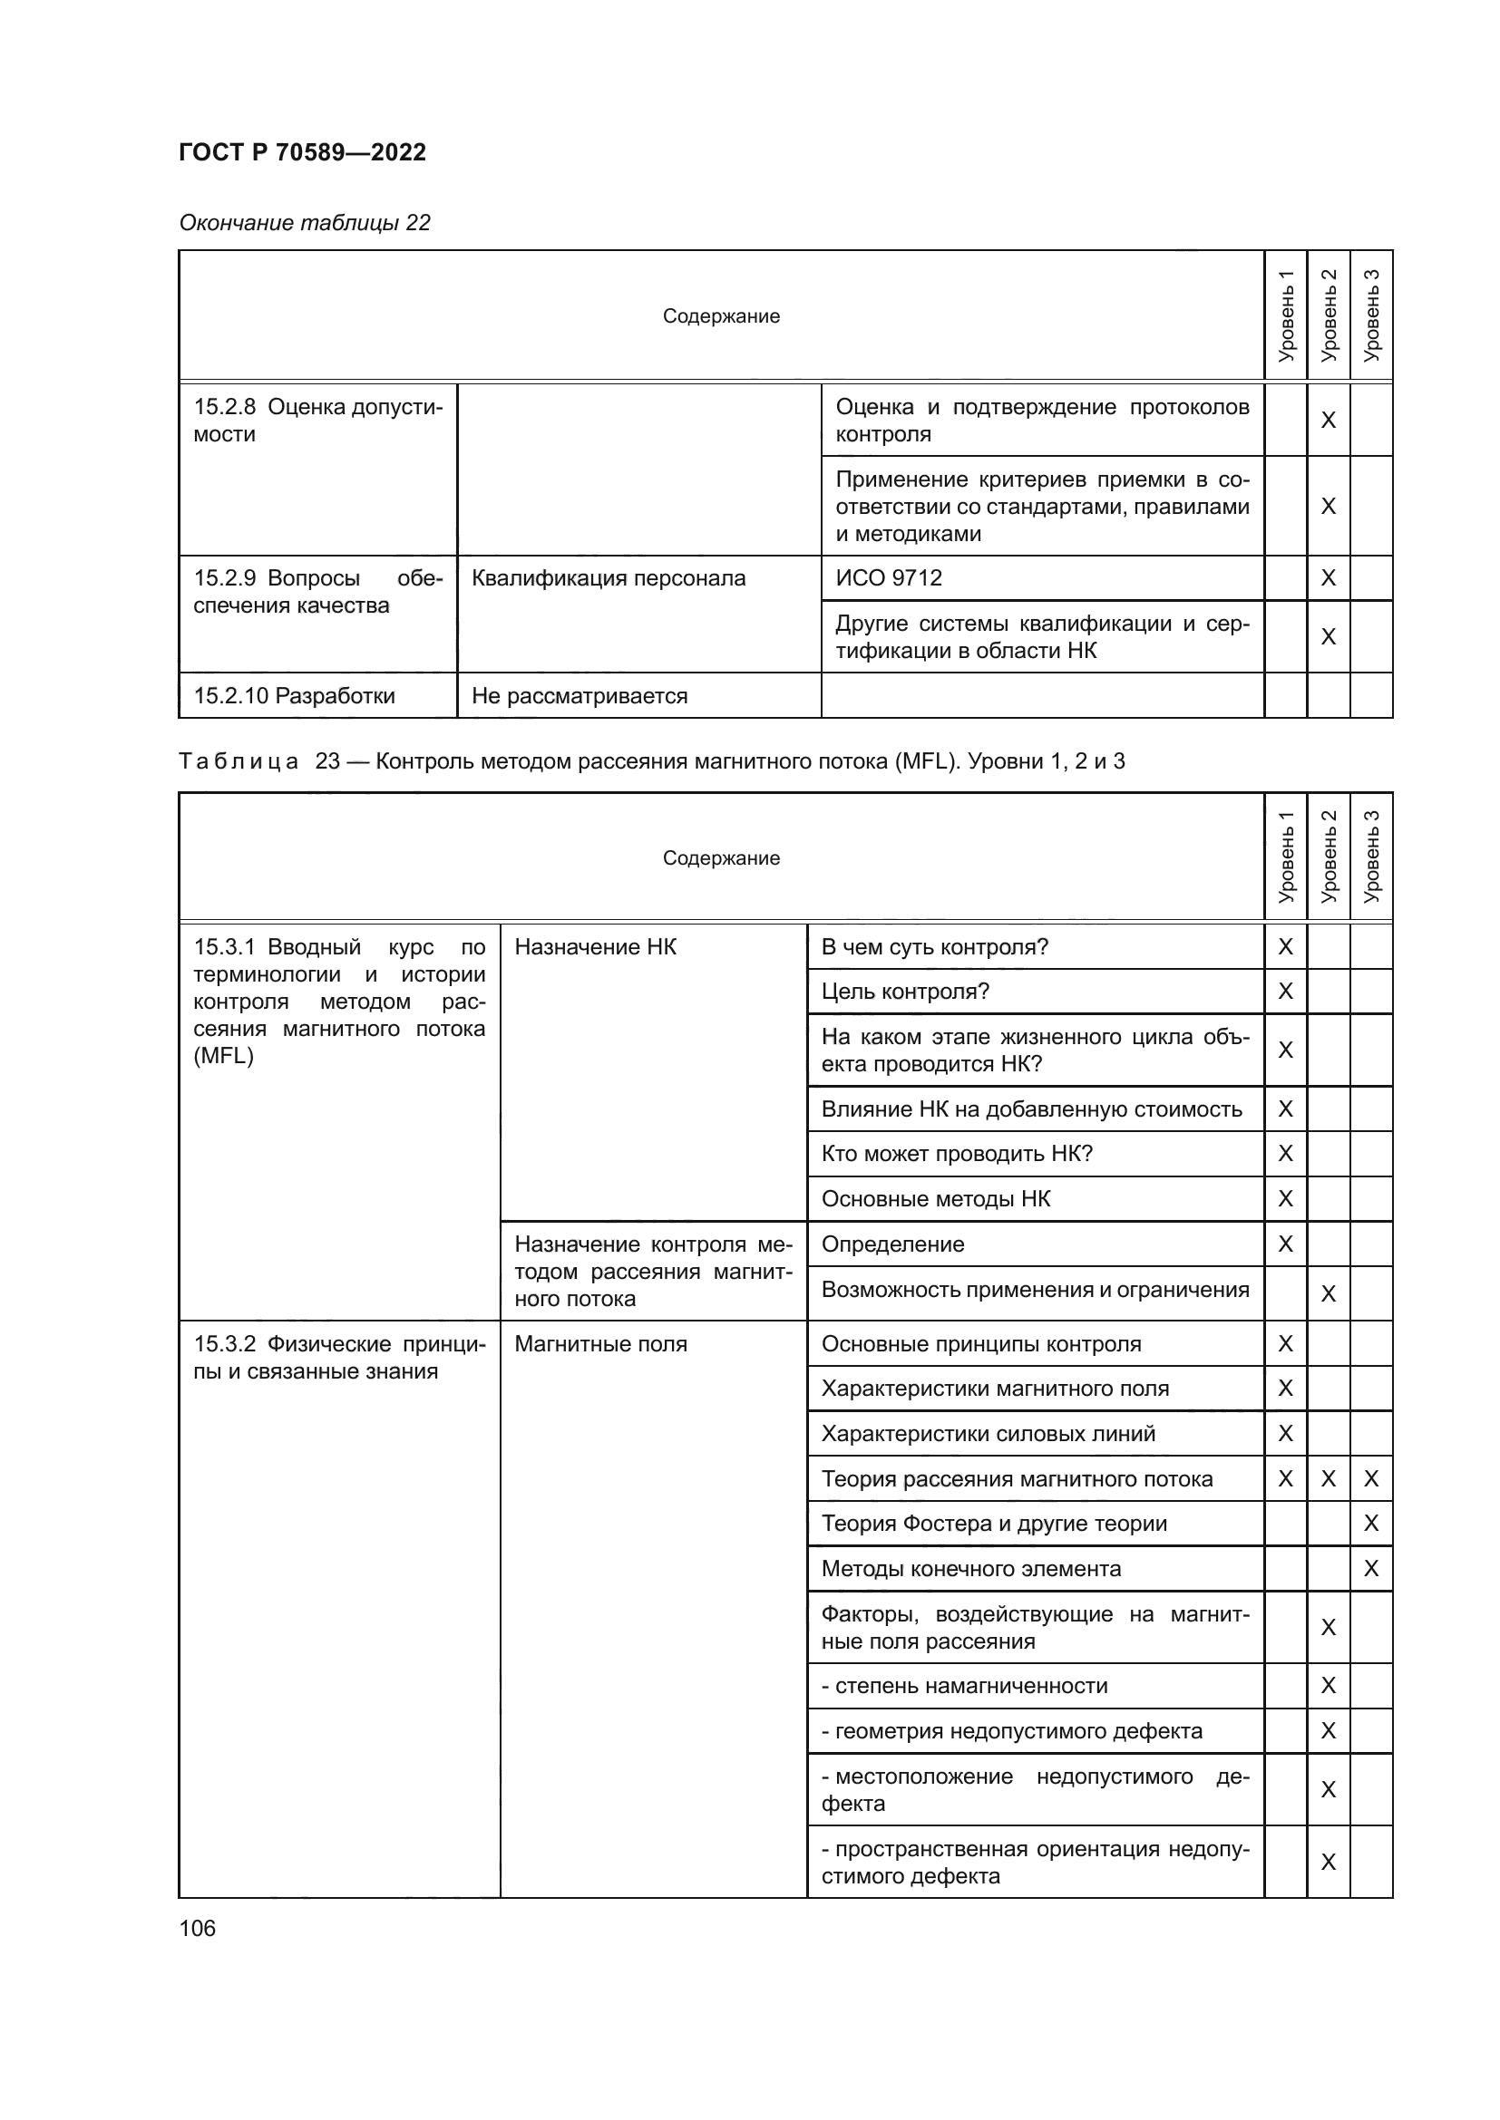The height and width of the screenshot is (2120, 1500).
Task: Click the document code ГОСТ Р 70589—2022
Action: (302, 152)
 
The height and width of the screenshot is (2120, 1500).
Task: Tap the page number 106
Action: (197, 1928)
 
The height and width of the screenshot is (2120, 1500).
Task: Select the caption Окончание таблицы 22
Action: (304, 223)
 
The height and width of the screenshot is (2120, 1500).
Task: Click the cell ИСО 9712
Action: (889, 578)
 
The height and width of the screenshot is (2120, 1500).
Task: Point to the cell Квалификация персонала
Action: (608, 578)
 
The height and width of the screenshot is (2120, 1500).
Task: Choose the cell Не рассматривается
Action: (580, 696)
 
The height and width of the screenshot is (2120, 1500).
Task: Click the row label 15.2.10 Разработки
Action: (294, 696)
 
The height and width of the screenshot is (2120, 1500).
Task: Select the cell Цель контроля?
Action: (904, 992)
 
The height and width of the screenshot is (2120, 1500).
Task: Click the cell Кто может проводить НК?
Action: (956, 1153)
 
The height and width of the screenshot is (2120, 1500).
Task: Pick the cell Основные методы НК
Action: (935, 1198)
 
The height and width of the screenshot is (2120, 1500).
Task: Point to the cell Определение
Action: (892, 1244)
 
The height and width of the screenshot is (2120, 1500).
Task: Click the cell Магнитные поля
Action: (600, 1343)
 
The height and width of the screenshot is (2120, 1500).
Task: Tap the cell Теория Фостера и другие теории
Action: (993, 1524)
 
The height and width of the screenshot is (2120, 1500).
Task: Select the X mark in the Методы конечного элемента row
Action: (1370, 1569)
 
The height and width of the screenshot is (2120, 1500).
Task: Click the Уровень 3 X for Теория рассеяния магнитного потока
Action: (1370, 1479)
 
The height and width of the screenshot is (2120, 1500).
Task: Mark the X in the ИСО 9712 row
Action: (1329, 578)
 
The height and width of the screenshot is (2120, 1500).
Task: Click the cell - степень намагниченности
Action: (963, 1685)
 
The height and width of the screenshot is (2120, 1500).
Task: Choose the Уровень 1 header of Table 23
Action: (1286, 857)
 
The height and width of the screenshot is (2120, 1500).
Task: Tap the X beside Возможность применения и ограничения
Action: (1329, 1293)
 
